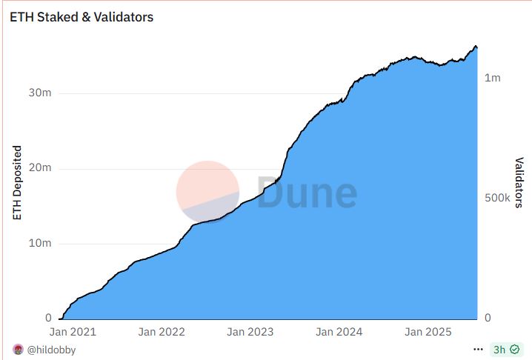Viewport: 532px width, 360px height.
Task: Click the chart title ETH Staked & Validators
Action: (82, 16)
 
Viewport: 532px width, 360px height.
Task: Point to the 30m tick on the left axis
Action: (41, 93)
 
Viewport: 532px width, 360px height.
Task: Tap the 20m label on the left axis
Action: (41, 168)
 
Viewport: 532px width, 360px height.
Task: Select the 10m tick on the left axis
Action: (41, 244)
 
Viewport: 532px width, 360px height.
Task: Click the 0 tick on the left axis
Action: (47, 319)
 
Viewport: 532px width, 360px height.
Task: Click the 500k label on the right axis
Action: (497, 199)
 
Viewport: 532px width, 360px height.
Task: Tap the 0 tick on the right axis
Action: (487, 319)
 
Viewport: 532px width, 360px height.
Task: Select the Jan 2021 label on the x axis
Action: (73, 333)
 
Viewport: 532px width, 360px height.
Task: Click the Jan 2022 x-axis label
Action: (162, 333)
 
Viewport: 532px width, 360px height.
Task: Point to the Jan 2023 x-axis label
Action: (250, 333)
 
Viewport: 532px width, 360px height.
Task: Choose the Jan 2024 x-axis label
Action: (339, 333)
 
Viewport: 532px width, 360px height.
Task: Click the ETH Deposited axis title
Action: (17, 183)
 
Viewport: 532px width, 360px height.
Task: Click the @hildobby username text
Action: (51, 350)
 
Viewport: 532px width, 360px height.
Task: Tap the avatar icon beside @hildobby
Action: (18, 350)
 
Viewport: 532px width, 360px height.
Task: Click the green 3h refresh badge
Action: (505, 349)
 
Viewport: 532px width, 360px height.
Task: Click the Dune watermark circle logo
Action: (207, 191)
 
